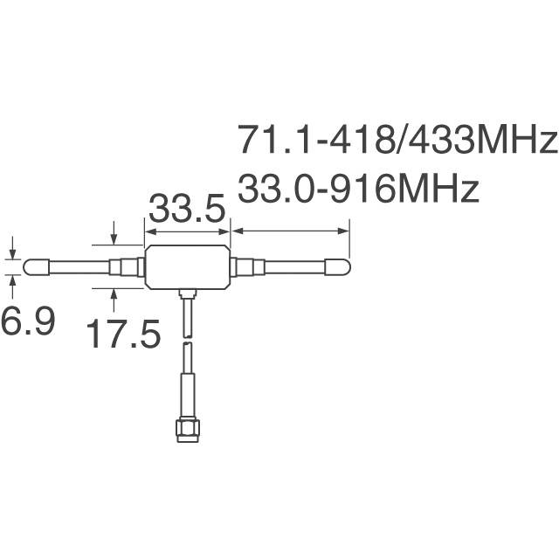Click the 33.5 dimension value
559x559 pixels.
pos(187,210)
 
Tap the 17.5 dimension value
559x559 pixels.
pos(123,334)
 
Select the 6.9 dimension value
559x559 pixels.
pos(27,322)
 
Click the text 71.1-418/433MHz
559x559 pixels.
pos(397,140)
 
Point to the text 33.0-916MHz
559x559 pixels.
pos(358,189)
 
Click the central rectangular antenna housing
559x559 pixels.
pos(187,266)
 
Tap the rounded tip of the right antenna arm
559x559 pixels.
pos(338,266)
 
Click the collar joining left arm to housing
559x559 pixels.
pos(128,266)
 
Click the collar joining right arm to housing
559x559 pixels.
pos(245,266)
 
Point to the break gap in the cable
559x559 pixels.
pos(185,340)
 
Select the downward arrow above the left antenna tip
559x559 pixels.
pos(11,248)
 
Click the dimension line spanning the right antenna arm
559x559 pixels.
pos(290,231)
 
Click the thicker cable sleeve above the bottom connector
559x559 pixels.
pos(185,390)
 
